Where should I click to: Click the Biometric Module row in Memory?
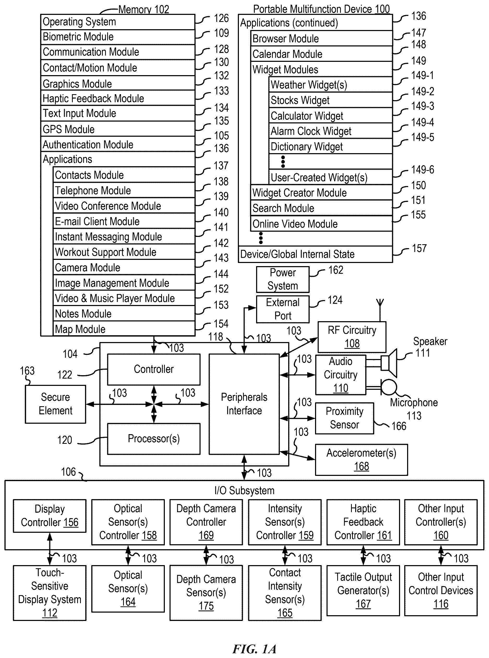pos(118,37)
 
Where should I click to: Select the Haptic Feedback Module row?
pos(118,98)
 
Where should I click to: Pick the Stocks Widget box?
pos(331,100)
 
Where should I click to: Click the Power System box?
pos(283,279)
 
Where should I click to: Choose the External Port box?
pos(283,309)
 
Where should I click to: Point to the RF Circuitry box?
pos(352,337)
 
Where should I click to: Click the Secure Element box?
pos(55,404)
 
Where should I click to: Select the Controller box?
pos(154,369)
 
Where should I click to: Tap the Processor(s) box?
pos(154,439)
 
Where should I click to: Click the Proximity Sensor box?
pos(345,418)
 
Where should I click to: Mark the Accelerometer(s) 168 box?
pos(361,460)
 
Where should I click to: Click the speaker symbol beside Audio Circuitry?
pos(389,363)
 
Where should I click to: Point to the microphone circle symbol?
pos(389,387)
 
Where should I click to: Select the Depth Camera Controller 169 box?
pos(206,522)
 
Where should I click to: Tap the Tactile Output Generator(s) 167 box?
pos(363,590)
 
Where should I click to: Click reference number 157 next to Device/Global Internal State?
pos(419,248)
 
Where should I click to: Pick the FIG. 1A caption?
pos(254,649)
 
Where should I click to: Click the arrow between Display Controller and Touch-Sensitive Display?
pos(50,549)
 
